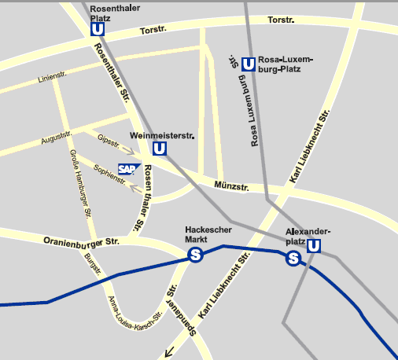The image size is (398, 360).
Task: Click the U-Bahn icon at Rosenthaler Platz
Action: (98, 29)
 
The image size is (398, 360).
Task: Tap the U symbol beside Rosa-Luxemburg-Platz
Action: (249, 64)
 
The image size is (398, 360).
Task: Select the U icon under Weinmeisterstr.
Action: (160, 149)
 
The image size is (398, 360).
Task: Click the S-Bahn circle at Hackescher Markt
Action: (195, 255)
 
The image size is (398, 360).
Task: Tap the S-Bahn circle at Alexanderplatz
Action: (293, 258)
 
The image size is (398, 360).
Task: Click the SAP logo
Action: (127, 168)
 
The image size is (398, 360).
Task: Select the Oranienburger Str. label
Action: (81, 241)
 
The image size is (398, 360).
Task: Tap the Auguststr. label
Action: (56, 138)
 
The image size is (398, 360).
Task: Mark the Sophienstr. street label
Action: (109, 174)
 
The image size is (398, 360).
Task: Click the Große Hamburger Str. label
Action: (80, 182)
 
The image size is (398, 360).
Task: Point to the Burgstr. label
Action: (94, 266)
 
